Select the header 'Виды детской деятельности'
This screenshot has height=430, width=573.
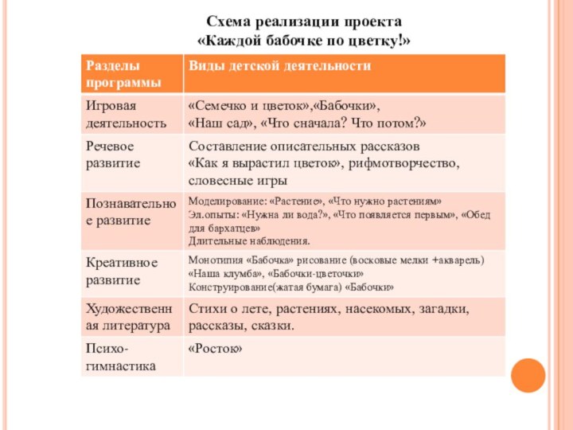279,66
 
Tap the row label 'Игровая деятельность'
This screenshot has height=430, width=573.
127,115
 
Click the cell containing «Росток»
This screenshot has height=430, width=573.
215,349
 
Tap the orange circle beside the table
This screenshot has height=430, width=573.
528,375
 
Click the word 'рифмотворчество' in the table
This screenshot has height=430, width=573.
410,163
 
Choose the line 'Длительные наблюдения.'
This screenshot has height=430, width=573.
249,240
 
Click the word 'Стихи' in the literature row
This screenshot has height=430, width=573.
205,308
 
